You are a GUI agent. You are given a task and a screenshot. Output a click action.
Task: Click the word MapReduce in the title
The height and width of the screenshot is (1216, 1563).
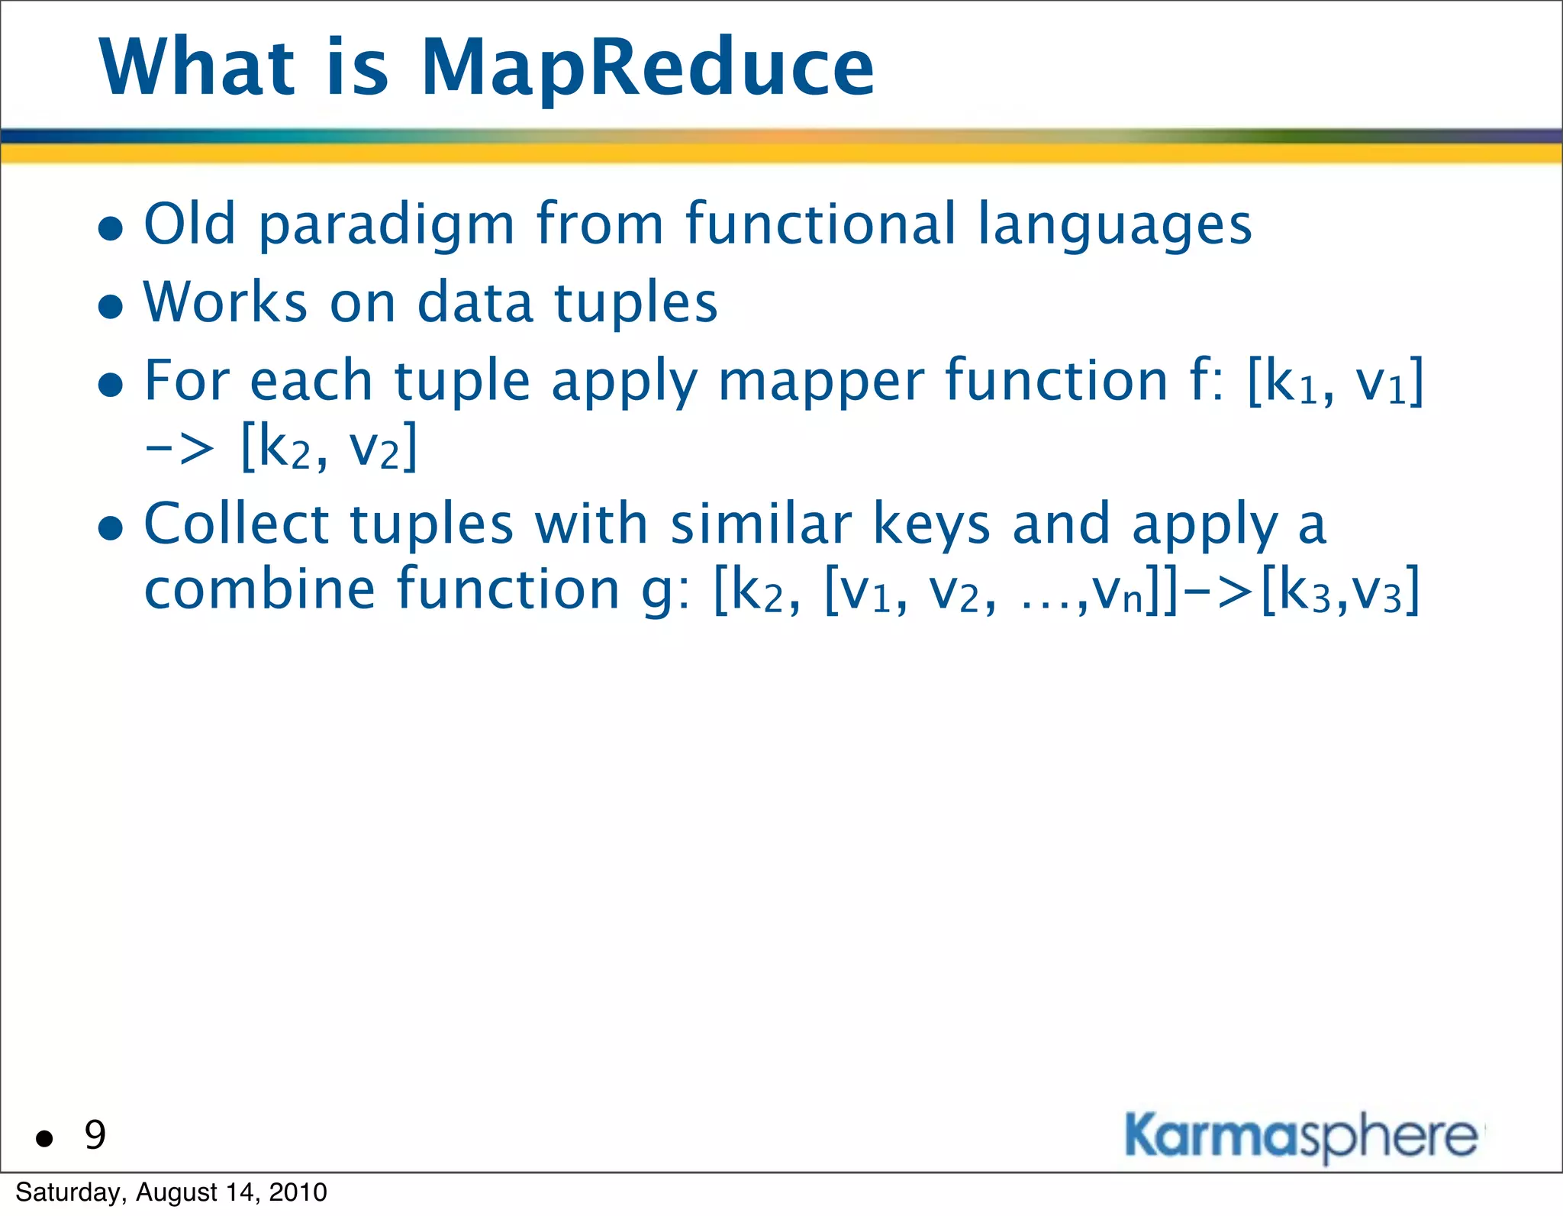647,69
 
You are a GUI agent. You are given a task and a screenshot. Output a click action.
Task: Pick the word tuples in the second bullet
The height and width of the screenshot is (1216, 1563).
636,304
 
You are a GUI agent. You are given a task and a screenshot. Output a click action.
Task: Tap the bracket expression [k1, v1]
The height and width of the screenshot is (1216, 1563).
1336,382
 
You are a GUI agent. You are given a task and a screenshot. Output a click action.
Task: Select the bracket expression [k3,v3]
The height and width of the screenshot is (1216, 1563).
1341,590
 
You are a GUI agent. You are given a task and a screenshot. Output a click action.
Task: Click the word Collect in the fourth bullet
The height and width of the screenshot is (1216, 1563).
237,524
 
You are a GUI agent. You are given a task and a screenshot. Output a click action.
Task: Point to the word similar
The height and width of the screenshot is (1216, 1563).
760,524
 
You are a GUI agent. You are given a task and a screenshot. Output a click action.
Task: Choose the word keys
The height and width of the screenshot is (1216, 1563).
931,526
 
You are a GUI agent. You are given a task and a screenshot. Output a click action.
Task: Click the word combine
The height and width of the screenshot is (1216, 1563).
259,589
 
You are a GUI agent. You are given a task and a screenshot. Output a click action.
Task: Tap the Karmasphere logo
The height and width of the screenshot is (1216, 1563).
1301,1136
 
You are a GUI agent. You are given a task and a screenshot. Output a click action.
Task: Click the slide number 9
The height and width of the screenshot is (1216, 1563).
95,1135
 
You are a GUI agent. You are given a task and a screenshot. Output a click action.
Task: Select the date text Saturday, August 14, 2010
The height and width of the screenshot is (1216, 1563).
171,1192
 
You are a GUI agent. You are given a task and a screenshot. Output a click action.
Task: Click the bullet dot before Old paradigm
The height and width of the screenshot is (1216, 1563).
111,227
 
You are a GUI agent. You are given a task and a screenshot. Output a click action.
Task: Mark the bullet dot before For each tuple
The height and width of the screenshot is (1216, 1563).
111,385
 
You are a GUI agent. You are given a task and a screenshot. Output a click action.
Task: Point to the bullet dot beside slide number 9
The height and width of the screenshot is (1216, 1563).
45,1139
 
